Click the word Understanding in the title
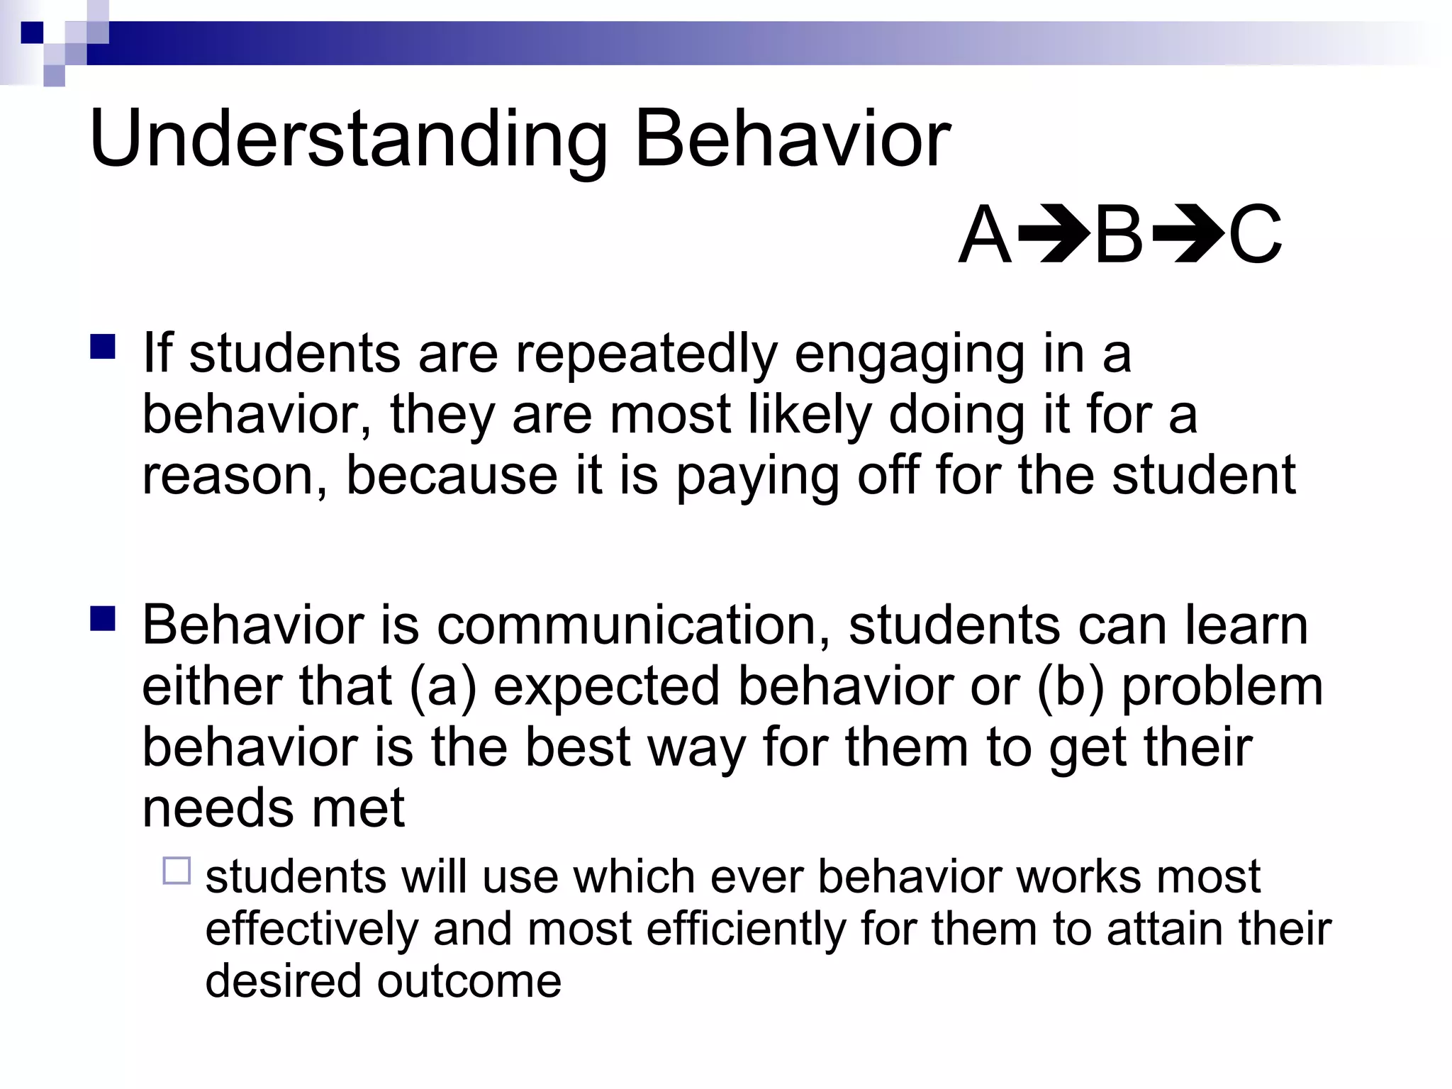(347, 140)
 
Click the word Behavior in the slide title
(792, 140)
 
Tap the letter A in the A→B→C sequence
(985, 235)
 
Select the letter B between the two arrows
(1119, 235)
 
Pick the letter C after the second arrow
(1254, 235)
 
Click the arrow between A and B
(1053, 235)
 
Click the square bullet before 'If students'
(103, 347)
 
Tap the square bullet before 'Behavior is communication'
(103, 619)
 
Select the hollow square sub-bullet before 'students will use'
(177, 871)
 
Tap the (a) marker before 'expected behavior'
(442, 686)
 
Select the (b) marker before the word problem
(1071, 686)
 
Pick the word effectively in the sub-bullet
(311, 929)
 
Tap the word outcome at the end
(469, 981)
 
